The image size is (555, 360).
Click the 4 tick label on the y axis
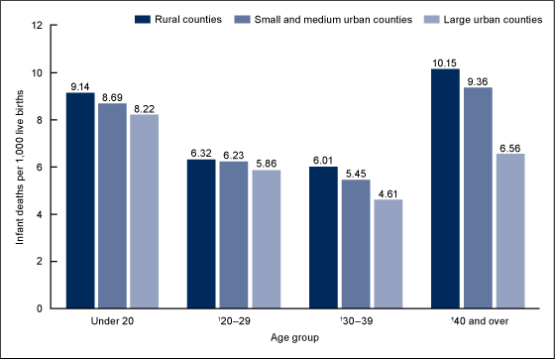pos(41,214)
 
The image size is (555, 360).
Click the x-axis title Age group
pos(293,338)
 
